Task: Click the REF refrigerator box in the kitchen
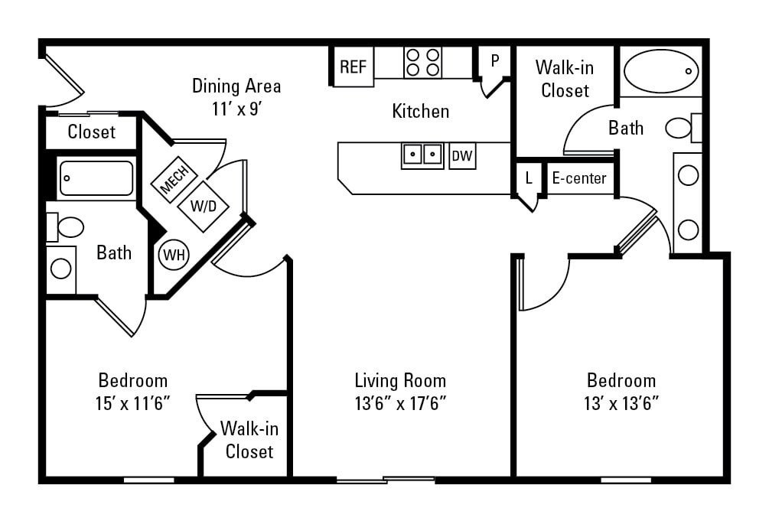353,67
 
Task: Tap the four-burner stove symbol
422,62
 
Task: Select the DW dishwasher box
462,156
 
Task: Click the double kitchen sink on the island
422,155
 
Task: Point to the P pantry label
495,60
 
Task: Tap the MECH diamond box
174,180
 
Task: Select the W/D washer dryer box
203,206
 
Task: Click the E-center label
579,178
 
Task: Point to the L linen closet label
528,178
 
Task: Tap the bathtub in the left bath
96,178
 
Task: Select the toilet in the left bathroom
67,227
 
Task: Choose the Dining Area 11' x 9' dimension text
236,109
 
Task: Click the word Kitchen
420,111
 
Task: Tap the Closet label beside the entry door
91,132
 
